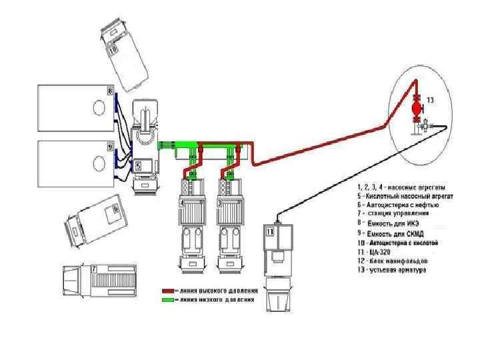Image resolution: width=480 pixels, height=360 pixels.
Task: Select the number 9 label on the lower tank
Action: (x=111, y=145)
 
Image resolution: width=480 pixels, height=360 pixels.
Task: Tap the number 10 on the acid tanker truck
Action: (x=113, y=49)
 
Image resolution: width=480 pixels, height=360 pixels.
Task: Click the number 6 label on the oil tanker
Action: (x=115, y=209)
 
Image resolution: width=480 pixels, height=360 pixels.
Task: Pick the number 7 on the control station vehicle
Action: (x=95, y=269)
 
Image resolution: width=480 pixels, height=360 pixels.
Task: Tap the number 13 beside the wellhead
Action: (x=430, y=100)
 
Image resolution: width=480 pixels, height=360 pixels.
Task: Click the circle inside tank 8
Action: (x=99, y=107)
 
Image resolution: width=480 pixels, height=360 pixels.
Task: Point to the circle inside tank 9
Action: (x=99, y=161)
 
